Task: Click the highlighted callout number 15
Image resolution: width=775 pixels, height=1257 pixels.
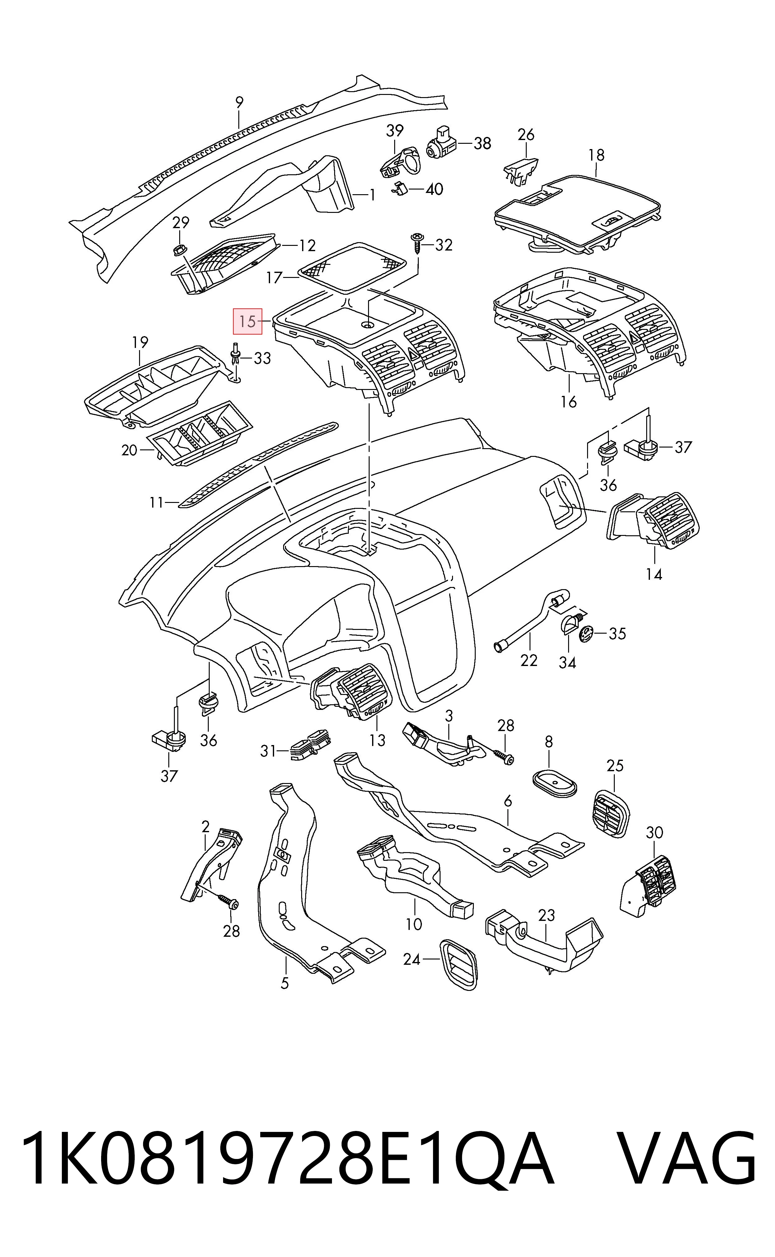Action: coord(248,321)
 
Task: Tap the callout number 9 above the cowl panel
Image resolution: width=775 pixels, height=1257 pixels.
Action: coord(239,102)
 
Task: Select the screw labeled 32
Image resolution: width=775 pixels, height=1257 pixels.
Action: coord(417,243)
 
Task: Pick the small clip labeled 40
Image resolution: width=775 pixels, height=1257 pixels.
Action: coord(400,190)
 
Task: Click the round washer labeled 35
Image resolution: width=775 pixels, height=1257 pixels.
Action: coord(586,634)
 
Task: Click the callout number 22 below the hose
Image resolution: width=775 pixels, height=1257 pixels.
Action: coord(529,660)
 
